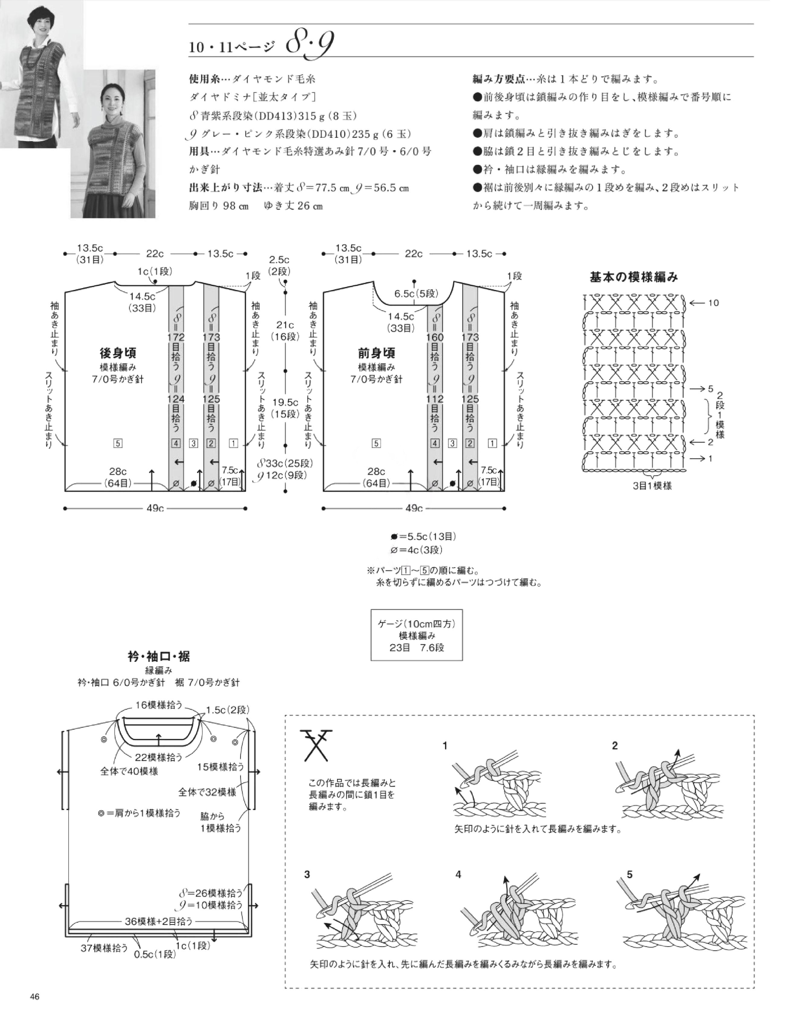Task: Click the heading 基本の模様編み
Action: [x=633, y=277]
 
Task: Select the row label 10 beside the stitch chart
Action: [x=713, y=303]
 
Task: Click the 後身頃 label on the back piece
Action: [x=118, y=352]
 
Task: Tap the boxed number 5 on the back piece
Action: [x=118, y=443]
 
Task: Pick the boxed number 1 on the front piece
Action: [x=492, y=443]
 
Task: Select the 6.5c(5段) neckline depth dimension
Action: [x=416, y=294]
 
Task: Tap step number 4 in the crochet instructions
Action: [x=458, y=874]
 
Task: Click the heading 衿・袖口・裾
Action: [x=159, y=657]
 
